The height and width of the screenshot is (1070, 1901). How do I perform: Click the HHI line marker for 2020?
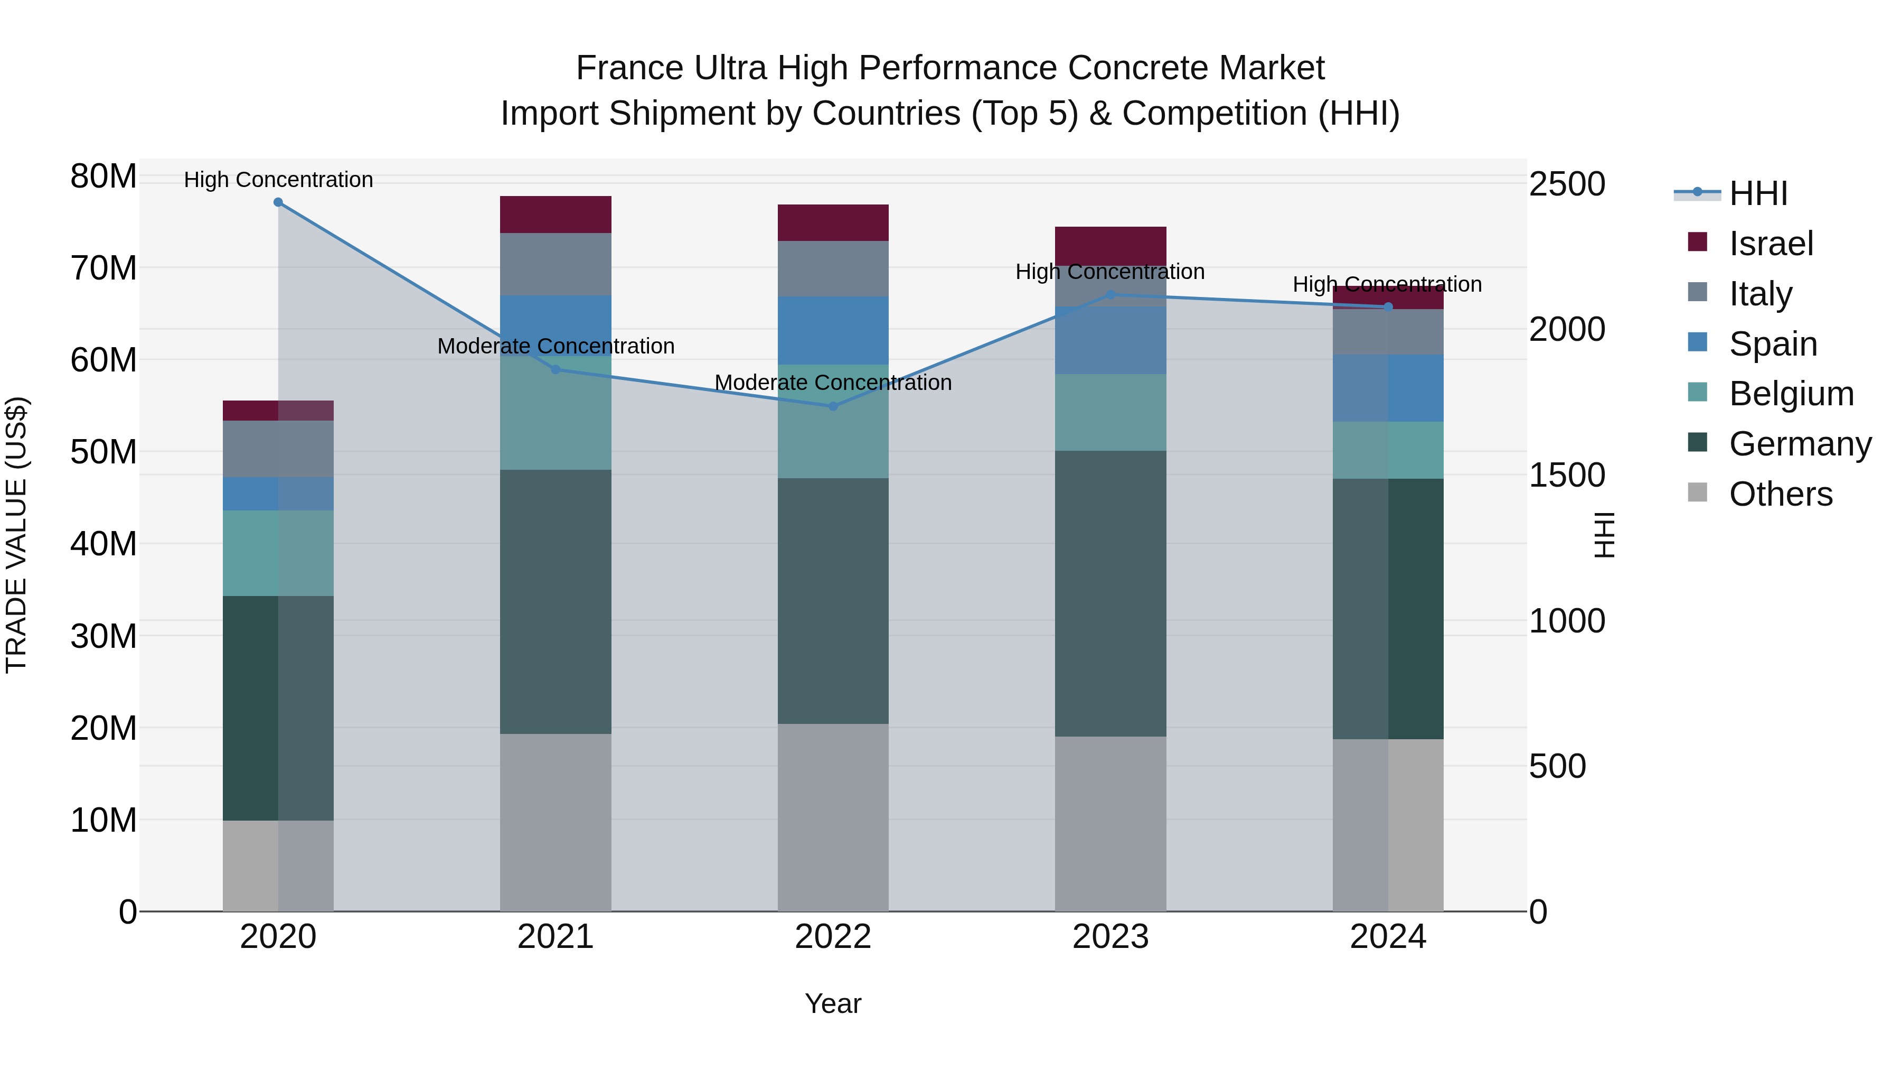tap(278, 202)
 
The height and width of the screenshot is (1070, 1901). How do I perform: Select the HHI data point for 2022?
tap(833, 406)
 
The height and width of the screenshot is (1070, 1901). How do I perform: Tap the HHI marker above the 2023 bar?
tap(1111, 295)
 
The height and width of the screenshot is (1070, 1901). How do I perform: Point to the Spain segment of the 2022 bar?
tap(833, 330)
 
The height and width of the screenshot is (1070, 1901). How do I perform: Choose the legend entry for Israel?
tap(1771, 244)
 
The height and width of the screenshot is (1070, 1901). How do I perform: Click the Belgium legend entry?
tap(1791, 394)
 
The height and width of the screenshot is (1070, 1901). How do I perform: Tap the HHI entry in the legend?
tap(1758, 193)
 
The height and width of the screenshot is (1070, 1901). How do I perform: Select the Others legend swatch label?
tap(1780, 494)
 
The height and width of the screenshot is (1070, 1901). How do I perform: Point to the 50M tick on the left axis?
tap(103, 452)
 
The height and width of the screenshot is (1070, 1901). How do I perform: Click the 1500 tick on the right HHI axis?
tap(1566, 475)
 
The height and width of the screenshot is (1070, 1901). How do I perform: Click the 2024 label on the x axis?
tap(1387, 937)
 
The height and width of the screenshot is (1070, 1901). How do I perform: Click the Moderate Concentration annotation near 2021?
tap(556, 346)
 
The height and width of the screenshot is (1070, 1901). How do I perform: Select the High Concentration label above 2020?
tap(278, 180)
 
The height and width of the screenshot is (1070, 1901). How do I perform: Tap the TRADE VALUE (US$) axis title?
tap(17, 535)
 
